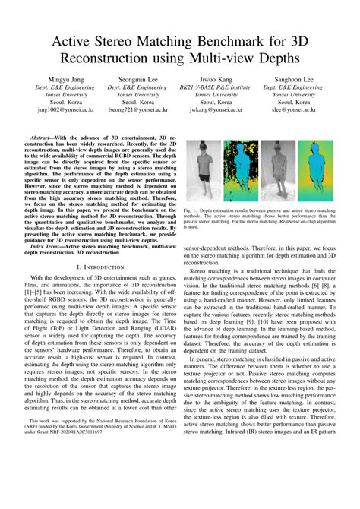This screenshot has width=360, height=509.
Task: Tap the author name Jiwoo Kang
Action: coord(217,78)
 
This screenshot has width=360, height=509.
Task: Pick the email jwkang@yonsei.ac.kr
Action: coord(217,110)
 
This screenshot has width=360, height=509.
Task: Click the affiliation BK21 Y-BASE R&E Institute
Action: coord(217,89)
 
